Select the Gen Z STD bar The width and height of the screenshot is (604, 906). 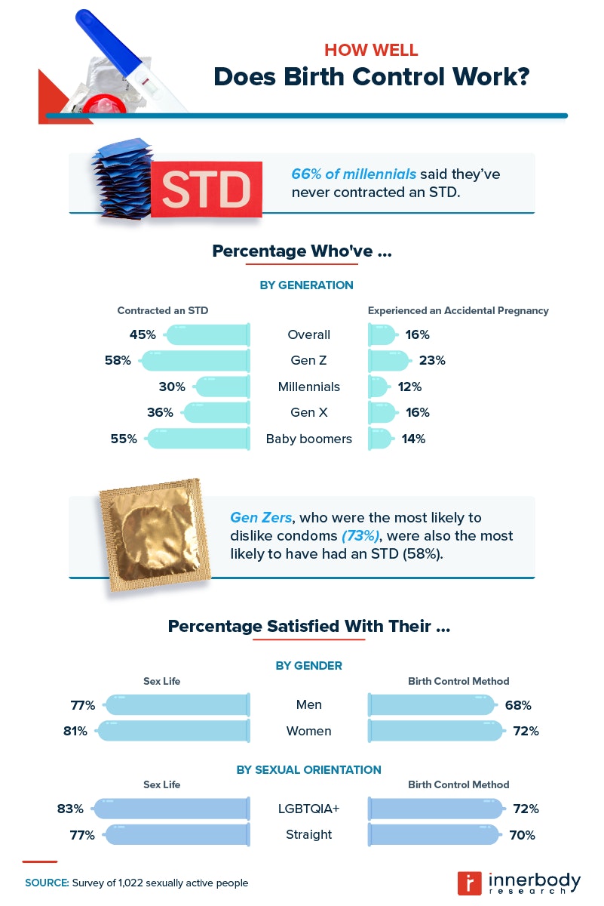(x=195, y=361)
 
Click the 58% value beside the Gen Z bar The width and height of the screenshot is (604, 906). (x=118, y=361)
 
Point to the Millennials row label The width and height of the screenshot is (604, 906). (x=308, y=387)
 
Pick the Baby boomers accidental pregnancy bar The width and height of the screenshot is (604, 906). (x=380, y=439)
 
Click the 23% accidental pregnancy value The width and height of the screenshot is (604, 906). (x=432, y=361)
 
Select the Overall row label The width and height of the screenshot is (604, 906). (x=308, y=334)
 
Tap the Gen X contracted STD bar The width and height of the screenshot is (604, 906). (x=216, y=413)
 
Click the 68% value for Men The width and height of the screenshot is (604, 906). (x=519, y=705)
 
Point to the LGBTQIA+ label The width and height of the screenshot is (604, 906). (x=308, y=809)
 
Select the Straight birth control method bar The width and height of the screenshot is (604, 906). (x=433, y=835)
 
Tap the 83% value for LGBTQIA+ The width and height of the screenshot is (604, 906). (x=70, y=809)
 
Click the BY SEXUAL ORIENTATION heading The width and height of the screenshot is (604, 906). (x=308, y=770)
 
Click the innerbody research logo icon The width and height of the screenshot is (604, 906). (x=470, y=883)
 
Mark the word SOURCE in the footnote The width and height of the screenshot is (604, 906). (x=47, y=883)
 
